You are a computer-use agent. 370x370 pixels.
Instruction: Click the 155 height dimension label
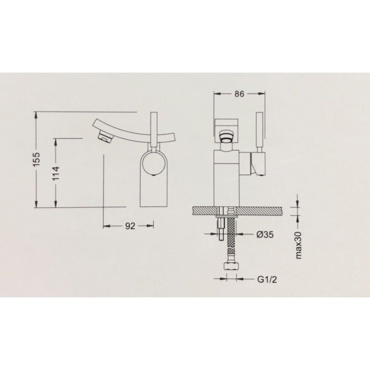[37, 159]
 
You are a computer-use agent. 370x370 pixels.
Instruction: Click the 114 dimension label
[56, 173]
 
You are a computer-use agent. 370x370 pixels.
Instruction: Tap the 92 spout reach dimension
[130, 226]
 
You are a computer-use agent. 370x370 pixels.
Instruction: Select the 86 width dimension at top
[239, 94]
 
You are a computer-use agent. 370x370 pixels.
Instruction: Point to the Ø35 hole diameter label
[265, 234]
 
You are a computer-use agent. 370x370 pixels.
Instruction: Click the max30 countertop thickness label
[298, 245]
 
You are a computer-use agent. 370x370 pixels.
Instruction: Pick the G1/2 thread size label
[267, 279]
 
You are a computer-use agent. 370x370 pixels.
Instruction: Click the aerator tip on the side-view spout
[105, 137]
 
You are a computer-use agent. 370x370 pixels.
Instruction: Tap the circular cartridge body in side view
[154, 164]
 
